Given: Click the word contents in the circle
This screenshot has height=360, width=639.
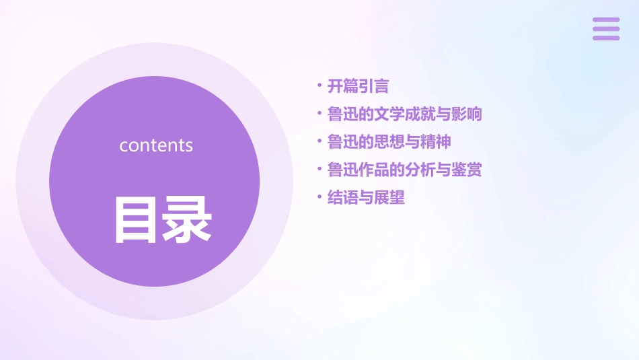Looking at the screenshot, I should click(x=156, y=145).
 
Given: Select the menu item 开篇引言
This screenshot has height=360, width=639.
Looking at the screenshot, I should click(x=358, y=86).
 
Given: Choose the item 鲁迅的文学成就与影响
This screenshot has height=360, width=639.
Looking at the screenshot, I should click(x=404, y=114).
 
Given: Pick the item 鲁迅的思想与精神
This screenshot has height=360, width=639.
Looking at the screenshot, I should click(x=389, y=142).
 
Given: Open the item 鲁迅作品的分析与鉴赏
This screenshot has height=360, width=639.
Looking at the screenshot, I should click(x=404, y=170).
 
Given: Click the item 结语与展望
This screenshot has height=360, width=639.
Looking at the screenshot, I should click(x=366, y=198).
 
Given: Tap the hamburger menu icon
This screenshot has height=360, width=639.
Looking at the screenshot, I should click(x=606, y=29).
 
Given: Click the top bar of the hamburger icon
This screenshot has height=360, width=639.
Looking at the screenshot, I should click(x=606, y=20).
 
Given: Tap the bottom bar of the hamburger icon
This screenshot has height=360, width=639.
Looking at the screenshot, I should click(x=606, y=38).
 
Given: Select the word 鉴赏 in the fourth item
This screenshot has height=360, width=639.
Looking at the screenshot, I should click(x=467, y=170).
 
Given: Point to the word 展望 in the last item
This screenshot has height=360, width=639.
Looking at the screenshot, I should click(x=389, y=198).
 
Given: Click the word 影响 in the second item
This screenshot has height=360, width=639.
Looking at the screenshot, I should click(x=467, y=114).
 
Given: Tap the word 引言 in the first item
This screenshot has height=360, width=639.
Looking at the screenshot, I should click(x=373, y=86).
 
